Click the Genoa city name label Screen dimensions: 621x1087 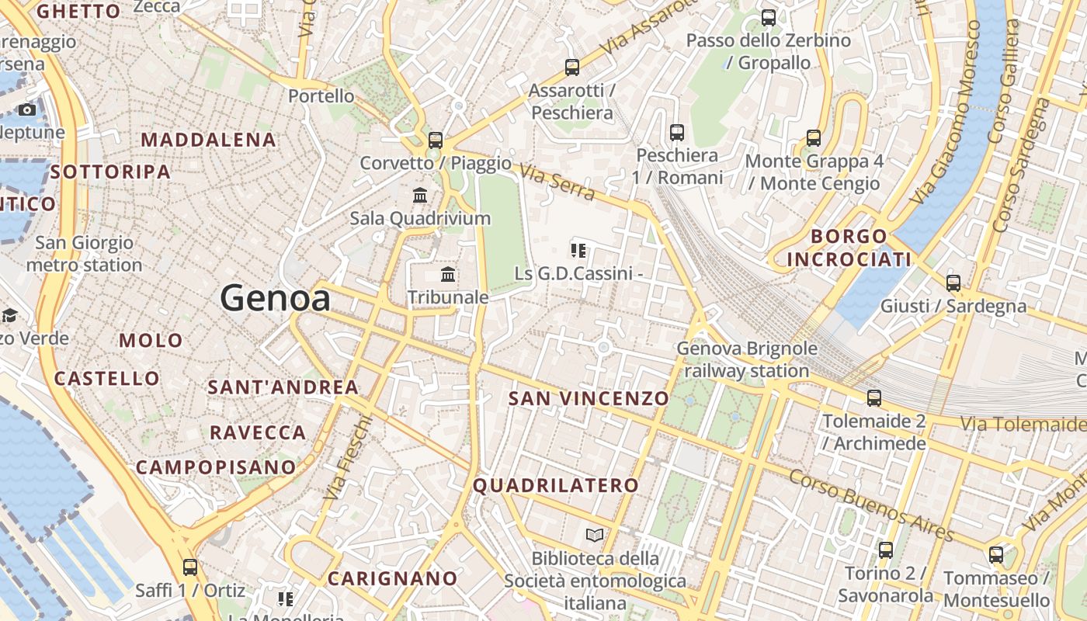pyautogui.click(x=275, y=298)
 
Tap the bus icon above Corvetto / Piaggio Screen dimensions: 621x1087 pyautogui.click(x=436, y=141)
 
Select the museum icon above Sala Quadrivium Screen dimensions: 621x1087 pyautogui.click(x=420, y=195)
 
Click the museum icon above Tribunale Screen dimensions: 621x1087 pyautogui.click(x=448, y=274)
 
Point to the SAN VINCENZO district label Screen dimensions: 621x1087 pyautogui.click(x=589, y=398)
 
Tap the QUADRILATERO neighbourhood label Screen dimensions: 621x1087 pyautogui.click(x=556, y=486)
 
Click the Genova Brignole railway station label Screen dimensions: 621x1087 pyautogui.click(x=746, y=359)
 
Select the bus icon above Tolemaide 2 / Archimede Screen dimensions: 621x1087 pyautogui.click(x=874, y=398)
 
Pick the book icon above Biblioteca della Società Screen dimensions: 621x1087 pyautogui.click(x=595, y=535)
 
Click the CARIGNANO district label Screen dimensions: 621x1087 pyautogui.click(x=392, y=578)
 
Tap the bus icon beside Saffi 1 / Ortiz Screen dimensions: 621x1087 pyautogui.click(x=190, y=567)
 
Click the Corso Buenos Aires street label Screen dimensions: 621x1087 pyautogui.click(x=870, y=503)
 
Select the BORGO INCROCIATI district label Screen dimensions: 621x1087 pyautogui.click(x=849, y=247)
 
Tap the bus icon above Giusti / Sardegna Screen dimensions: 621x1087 pyautogui.click(x=953, y=283)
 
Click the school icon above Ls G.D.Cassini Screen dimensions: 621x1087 pyautogui.click(x=578, y=250)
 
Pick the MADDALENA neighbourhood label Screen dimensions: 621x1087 pyautogui.click(x=209, y=140)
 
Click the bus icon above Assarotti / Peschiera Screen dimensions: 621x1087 pyautogui.click(x=572, y=68)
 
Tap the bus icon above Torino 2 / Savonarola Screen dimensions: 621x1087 pyautogui.click(x=886, y=550)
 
